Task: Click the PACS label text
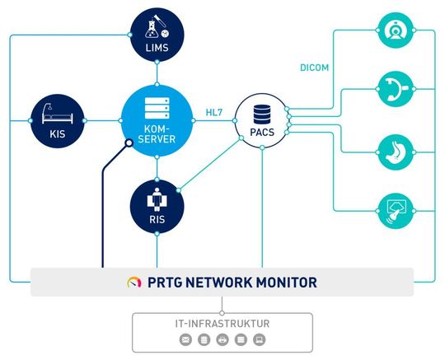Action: [261, 131]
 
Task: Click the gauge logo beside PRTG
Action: [134, 282]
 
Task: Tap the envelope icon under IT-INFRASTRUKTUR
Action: [187, 339]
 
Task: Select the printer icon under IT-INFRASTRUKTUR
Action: [222, 339]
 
